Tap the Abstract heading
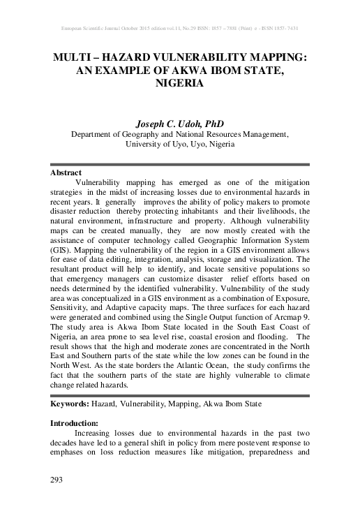66,172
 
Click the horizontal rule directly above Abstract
180,165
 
